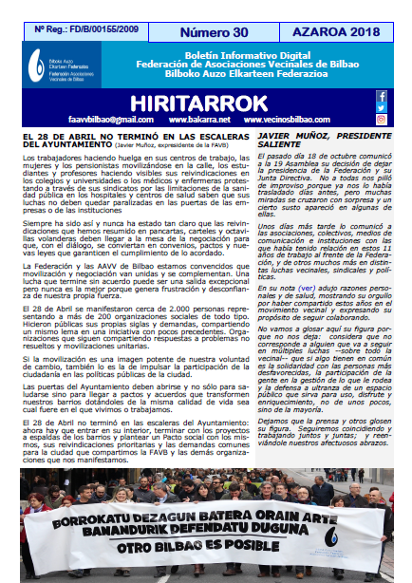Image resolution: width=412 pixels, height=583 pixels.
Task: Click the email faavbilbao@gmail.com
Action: click(x=89, y=121)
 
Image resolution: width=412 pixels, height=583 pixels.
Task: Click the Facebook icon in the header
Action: click(x=382, y=96)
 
